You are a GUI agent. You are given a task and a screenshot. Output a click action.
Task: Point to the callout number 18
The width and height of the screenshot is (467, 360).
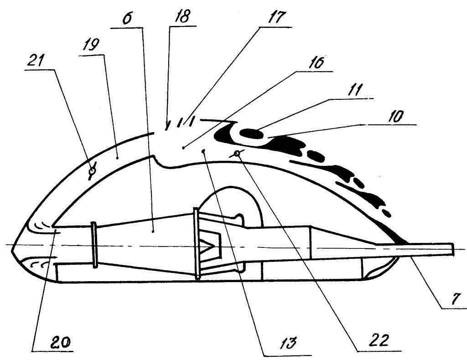182,17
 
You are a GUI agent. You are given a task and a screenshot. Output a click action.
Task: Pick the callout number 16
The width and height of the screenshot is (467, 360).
316,63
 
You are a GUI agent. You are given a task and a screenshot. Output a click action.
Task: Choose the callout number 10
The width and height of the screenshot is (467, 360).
396,116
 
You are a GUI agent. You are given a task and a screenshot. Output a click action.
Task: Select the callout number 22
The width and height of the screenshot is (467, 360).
379,340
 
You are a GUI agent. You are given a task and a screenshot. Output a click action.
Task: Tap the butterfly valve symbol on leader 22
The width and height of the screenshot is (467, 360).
237,154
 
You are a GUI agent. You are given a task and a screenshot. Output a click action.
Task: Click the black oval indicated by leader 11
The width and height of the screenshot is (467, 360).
252,133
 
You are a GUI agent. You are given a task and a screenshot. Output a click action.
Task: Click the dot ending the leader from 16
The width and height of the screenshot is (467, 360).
184,148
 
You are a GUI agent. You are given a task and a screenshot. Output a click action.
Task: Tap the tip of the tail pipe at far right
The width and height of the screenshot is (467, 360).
454,249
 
